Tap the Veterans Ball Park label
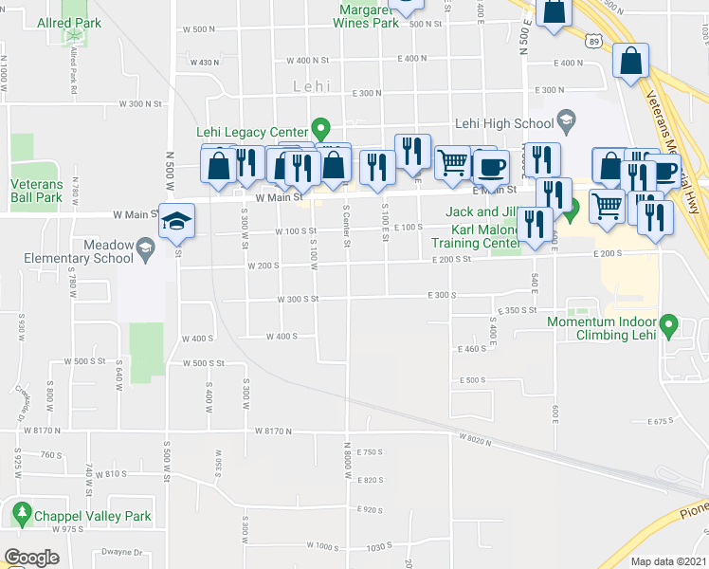coord(36,191)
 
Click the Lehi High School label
coord(503,123)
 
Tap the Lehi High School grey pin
coord(567,119)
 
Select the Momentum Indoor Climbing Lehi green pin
coord(668,327)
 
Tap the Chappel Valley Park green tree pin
coord(22,513)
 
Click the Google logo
coord(30,558)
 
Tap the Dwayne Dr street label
coord(124,551)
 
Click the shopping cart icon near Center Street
coord(453,162)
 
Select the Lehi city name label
coord(312,86)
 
